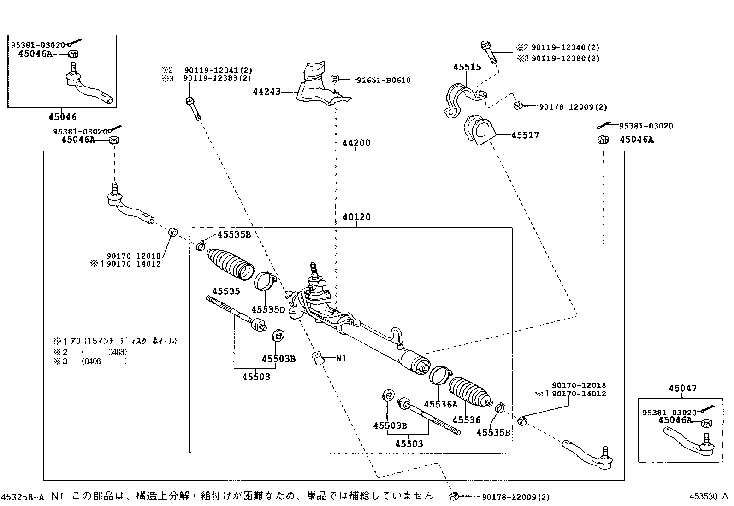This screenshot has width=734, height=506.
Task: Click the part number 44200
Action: (356, 143)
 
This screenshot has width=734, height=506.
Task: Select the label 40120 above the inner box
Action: (356, 217)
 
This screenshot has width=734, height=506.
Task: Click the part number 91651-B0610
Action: (384, 80)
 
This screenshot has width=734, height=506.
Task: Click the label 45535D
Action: (268, 309)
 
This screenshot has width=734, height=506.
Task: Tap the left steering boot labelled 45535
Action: (229, 263)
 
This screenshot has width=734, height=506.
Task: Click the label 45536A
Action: (441, 404)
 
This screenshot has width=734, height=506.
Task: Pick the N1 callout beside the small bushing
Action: (341, 358)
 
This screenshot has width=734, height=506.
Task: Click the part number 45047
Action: (683, 389)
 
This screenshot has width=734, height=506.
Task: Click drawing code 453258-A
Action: (23, 497)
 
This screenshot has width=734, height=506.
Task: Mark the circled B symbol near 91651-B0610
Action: (336, 79)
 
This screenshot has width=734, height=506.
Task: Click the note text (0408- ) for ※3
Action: (104, 361)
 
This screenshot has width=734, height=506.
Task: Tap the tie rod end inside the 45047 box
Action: (689, 441)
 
